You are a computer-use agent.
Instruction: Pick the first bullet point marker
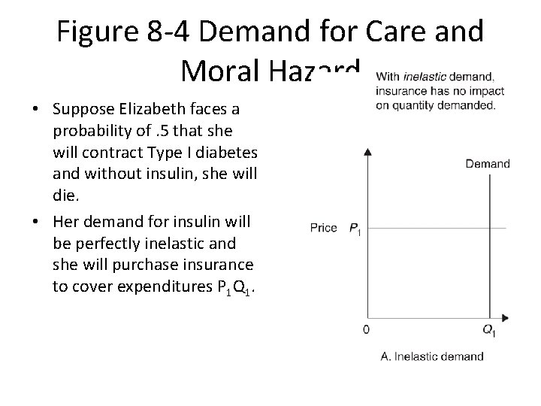coord(36,109)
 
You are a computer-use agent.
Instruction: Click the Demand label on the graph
coord(487,163)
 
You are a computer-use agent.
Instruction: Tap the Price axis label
coord(323,227)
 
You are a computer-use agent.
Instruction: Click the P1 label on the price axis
coord(355,228)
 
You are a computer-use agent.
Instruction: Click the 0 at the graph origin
coord(366,329)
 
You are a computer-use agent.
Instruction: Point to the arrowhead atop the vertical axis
coord(367,152)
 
